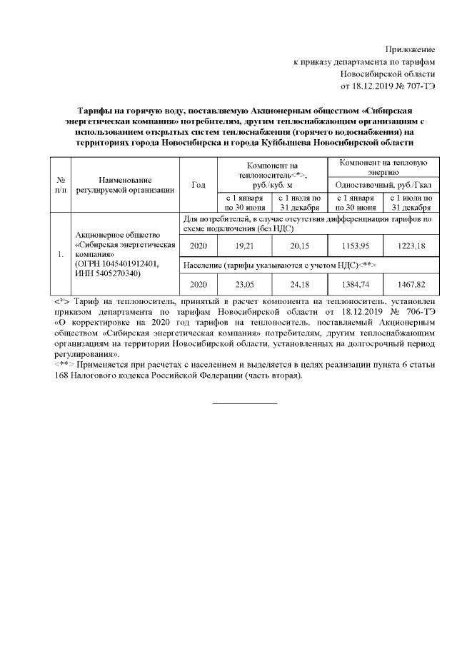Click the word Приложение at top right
tap(410, 49)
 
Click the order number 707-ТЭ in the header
tap(419, 86)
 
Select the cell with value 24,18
tap(298, 284)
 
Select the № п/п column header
tap(61, 184)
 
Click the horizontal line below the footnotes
tap(245, 403)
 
